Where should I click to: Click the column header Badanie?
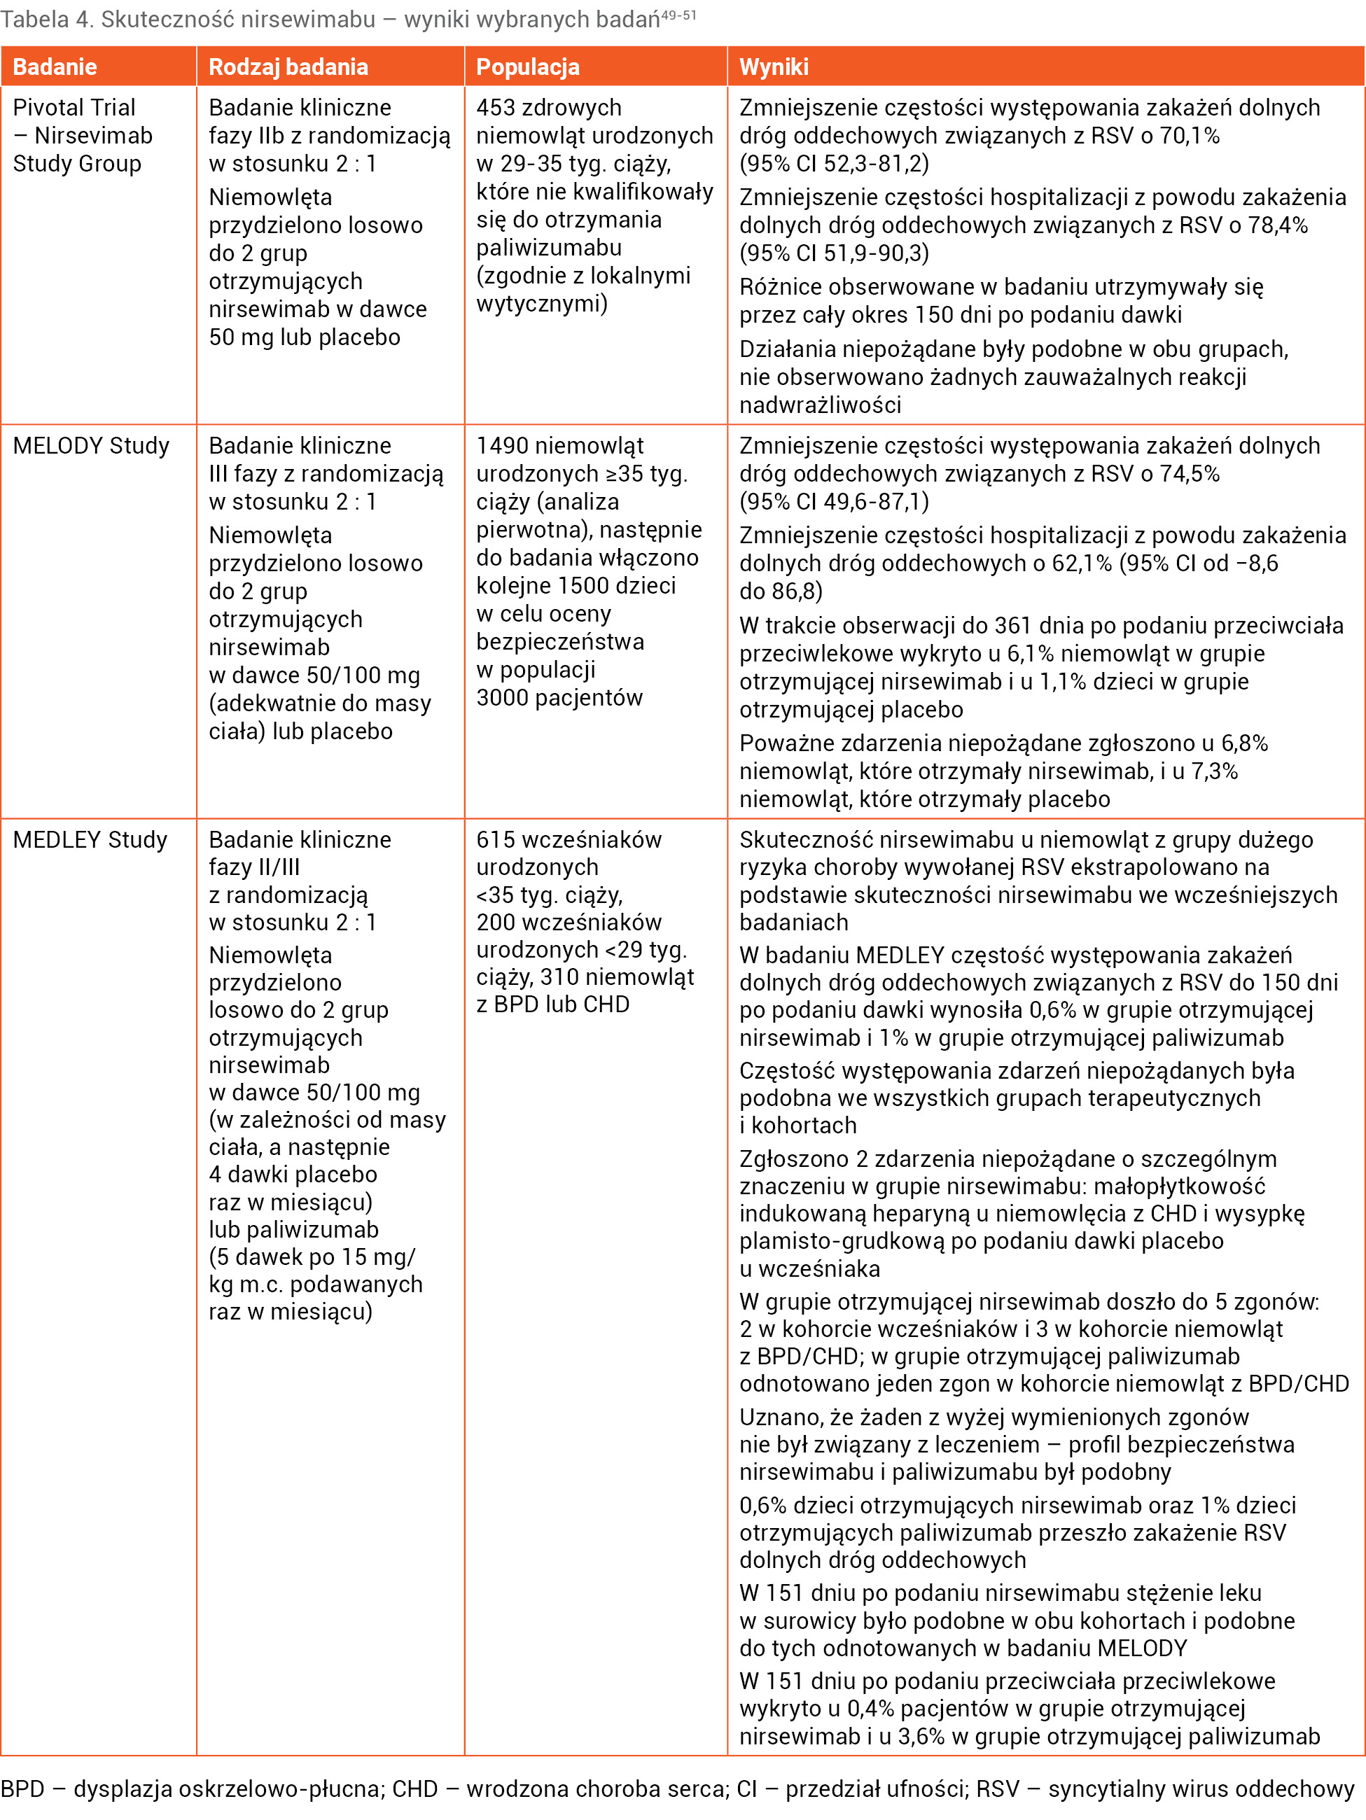point(55,66)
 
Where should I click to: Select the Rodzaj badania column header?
point(288,66)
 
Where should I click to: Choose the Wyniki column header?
point(774,66)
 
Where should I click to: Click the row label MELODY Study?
point(91,446)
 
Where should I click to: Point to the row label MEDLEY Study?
point(90,839)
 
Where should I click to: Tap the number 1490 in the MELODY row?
point(502,446)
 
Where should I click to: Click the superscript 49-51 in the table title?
point(679,15)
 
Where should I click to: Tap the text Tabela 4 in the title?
point(46,20)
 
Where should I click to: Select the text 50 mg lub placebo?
point(305,337)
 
